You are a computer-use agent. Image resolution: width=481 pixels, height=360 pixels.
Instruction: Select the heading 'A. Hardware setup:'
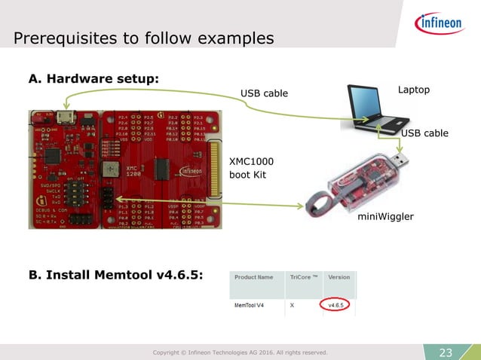93,79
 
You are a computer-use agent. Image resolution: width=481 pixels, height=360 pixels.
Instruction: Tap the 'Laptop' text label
413,90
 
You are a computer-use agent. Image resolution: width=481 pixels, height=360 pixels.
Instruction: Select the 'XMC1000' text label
250,161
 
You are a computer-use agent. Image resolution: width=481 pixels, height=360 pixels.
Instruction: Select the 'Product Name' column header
254,277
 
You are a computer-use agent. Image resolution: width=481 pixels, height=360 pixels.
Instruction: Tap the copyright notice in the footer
240,352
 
